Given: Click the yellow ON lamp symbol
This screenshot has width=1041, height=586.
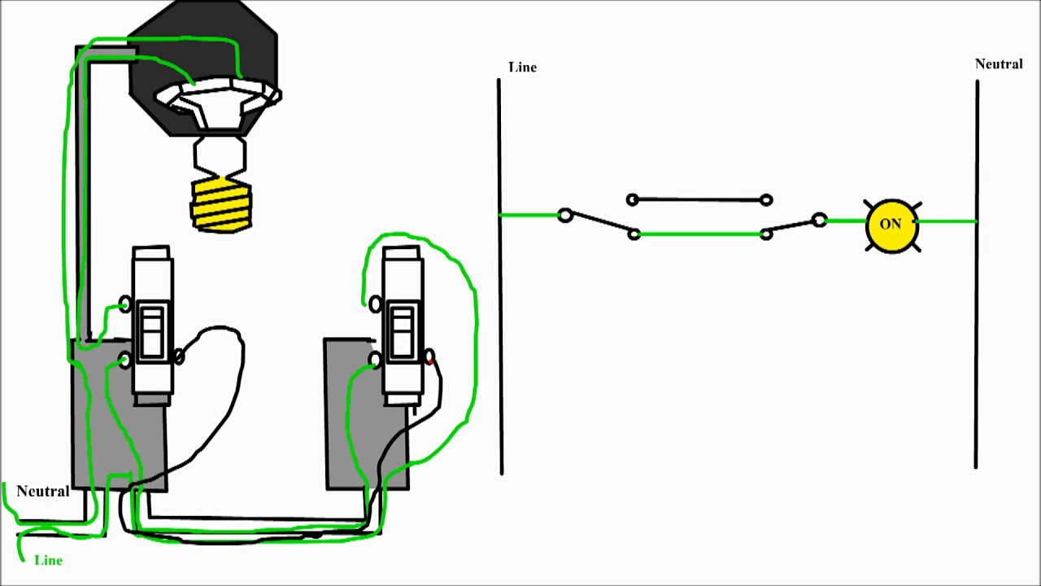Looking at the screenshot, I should coord(891,224).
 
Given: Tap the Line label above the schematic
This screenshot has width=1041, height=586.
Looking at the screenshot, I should coord(522,68).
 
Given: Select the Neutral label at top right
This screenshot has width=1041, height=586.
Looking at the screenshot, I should coord(999,64).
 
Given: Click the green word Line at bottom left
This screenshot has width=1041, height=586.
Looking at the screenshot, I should coord(48,561).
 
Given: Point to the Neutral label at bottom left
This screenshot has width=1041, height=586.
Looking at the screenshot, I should coord(42,492).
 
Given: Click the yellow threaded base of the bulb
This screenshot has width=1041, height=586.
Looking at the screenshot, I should coord(221,205).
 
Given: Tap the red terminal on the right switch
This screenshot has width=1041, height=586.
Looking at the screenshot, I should coord(429,356).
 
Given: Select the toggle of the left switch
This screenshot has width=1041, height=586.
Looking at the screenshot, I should coord(152,331).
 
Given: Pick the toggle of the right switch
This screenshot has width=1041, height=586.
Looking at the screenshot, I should coord(403,331).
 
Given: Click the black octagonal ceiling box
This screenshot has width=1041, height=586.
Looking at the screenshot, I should coord(203,49).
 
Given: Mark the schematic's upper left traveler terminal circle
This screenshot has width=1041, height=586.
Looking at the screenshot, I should coord(633,199).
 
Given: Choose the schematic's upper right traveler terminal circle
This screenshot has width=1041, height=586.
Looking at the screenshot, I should coord(765,199).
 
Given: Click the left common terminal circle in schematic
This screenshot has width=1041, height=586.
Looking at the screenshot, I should coord(565,216).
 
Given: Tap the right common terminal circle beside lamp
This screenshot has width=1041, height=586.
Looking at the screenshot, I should coord(819,220).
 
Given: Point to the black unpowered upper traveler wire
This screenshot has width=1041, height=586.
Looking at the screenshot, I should coord(699,199).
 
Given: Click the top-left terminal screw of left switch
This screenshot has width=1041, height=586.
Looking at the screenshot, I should coord(124,304).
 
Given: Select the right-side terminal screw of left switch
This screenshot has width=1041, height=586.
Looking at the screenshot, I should coord(179,356).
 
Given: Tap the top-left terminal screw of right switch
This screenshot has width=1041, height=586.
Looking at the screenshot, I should coord(375,304).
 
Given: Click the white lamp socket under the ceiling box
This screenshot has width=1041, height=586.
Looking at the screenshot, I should coord(218,102).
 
